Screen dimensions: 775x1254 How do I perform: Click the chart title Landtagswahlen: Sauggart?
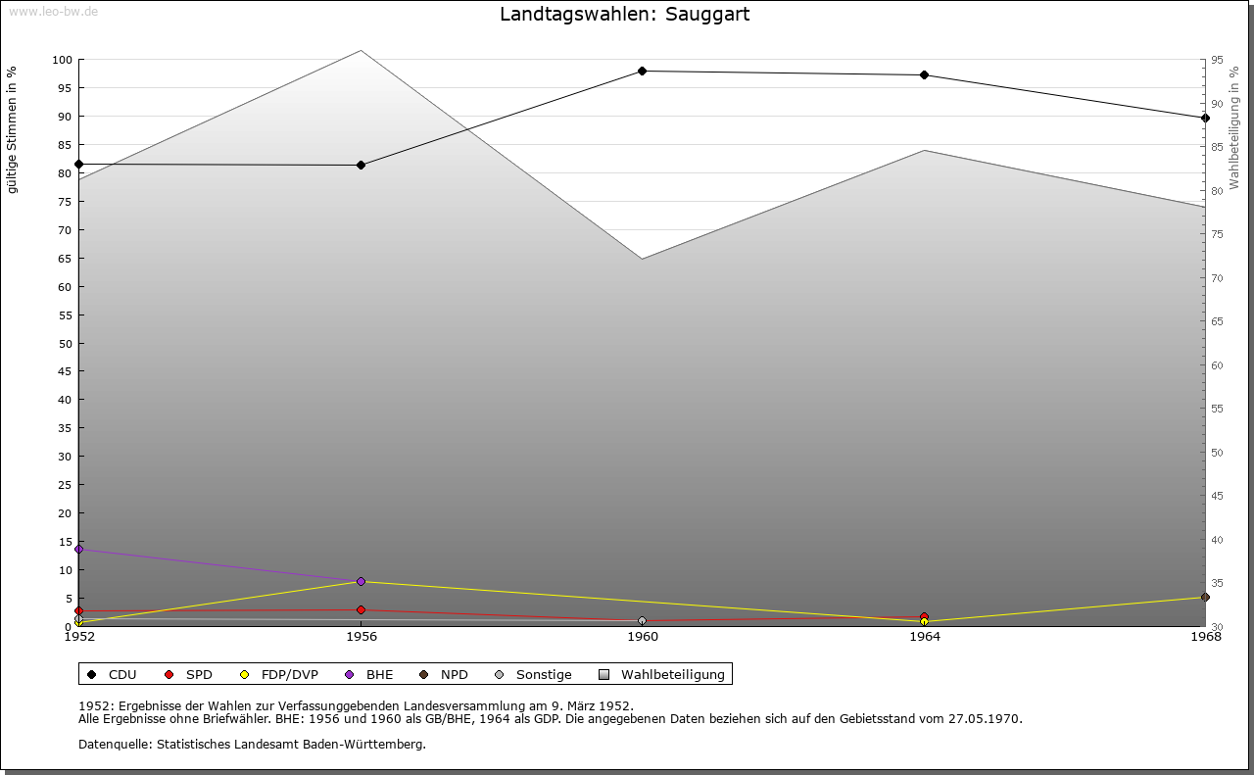[x=625, y=15]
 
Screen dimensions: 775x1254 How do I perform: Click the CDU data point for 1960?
[x=643, y=71]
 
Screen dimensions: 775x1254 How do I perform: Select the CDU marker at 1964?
[x=924, y=75]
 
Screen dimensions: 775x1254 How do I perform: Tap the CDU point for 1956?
[x=362, y=165]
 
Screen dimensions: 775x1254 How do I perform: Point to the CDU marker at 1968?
[x=1205, y=118]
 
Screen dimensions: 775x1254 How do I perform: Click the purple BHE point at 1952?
[x=79, y=549]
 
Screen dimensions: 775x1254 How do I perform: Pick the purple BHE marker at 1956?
[x=362, y=581]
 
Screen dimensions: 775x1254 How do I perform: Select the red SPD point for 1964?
[x=924, y=616]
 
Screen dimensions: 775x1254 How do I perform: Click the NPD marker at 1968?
[x=1205, y=597]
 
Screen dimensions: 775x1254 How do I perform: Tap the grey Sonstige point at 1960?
[x=643, y=620]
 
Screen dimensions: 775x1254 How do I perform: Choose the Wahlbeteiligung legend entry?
[x=662, y=674]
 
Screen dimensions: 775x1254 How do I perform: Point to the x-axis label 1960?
[x=643, y=637]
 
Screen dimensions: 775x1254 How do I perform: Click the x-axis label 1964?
[x=924, y=637]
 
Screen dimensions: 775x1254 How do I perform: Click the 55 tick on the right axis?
[x=1216, y=409]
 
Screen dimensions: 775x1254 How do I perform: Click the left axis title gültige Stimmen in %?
[x=13, y=129]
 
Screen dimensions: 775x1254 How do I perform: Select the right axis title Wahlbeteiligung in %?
[x=1234, y=127]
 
